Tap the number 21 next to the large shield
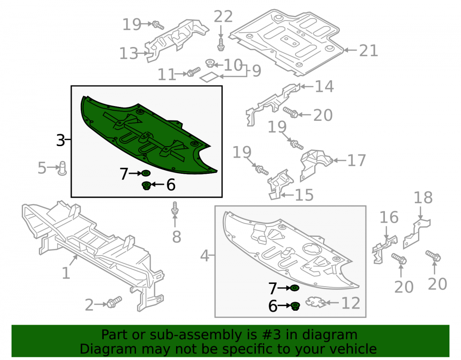click(368, 51)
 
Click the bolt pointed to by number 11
click(194, 72)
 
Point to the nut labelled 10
click(209, 63)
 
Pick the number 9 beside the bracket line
click(256, 71)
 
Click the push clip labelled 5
click(62, 168)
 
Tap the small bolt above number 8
click(175, 207)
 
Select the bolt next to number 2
click(114, 301)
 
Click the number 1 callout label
click(66, 273)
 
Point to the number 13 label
click(129, 53)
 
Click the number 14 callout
click(324, 86)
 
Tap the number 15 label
click(304, 195)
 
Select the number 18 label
click(423, 198)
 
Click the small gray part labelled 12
click(316, 302)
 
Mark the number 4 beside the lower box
click(205, 256)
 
